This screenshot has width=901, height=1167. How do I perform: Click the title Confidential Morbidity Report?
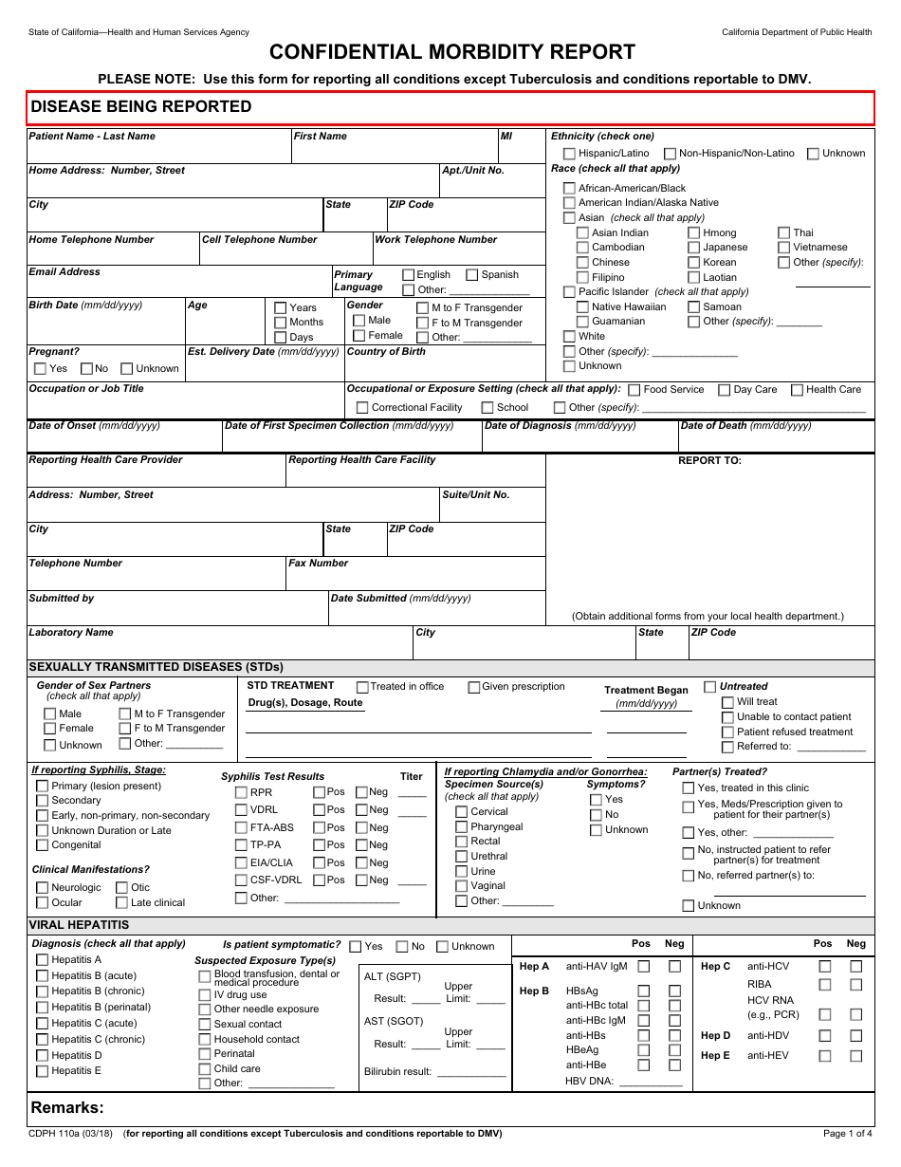pos(451,52)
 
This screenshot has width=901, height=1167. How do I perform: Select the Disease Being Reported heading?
pos(141,107)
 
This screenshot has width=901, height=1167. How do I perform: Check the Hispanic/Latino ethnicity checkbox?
pos(569,154)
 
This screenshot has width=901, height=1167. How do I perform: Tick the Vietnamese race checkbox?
pos(783,248)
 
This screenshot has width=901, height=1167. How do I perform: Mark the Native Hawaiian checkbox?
pos(582,307)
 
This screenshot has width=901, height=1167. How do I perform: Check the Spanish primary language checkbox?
pos(472,275)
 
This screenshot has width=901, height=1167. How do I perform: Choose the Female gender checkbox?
pos(359,336)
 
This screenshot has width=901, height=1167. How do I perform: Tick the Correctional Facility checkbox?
pos(362,408)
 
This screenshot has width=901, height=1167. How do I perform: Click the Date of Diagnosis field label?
pos(560,426)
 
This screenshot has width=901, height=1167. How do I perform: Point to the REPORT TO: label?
pos(709,461)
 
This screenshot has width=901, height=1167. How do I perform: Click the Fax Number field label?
pos(319,564)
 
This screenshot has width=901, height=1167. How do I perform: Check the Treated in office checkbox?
pos(362,687)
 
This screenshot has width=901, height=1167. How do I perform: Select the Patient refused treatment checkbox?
pos(727,732)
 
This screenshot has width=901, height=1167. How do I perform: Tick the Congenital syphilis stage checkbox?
pos(42,845)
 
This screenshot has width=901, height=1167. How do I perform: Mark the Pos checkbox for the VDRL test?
pos(319,810)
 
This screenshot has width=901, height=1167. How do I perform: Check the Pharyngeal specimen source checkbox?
pos(461,827)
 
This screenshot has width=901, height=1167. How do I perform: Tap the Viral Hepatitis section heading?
pos(79,925)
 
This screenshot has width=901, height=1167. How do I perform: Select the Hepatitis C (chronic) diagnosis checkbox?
pos(42,1040)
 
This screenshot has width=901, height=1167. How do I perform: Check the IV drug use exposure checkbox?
pos(205,995)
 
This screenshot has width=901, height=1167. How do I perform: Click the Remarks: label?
pos(67,1108)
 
